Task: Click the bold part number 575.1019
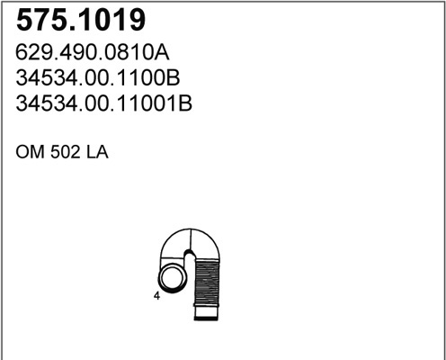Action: click(x=81, y=20)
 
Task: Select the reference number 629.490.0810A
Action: click(x=93, y=52)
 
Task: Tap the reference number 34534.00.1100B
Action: click(x=98, y=77)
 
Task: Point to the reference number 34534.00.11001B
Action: click(x=103, y=103)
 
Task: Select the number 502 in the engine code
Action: click(x=66, y=152)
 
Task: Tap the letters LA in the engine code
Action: click(x=97, y=152)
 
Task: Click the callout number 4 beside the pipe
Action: click(x=156, y=296)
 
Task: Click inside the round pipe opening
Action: click(x=172, y=277)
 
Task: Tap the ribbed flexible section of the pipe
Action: click(x=207, y=282)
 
